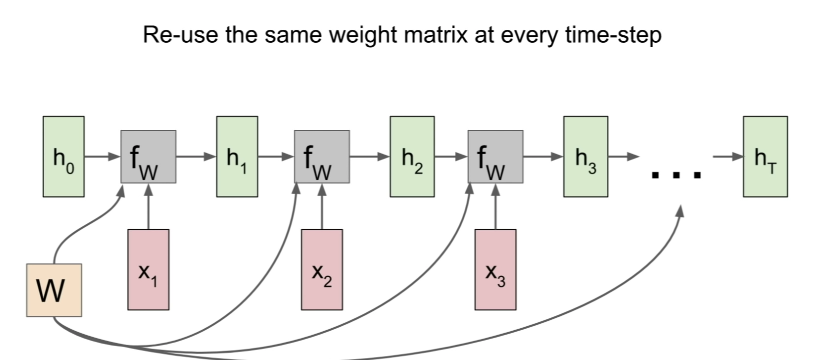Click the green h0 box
pos(64,157)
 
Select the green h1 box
pos(237,157)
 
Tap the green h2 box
pos(412,157)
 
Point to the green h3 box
pos(586,157)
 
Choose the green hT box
pos(765,157)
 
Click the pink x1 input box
pos(148,270)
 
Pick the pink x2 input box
pos(322,270)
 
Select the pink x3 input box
pos(495,270)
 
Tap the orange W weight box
pos(54,290)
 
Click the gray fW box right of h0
pos(148,157)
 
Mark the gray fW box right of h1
pos(322,157)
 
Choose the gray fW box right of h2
pos(495,157)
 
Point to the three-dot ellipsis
pos(676,175)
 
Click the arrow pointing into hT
pos(728,157)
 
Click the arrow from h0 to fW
pos(102,157)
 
